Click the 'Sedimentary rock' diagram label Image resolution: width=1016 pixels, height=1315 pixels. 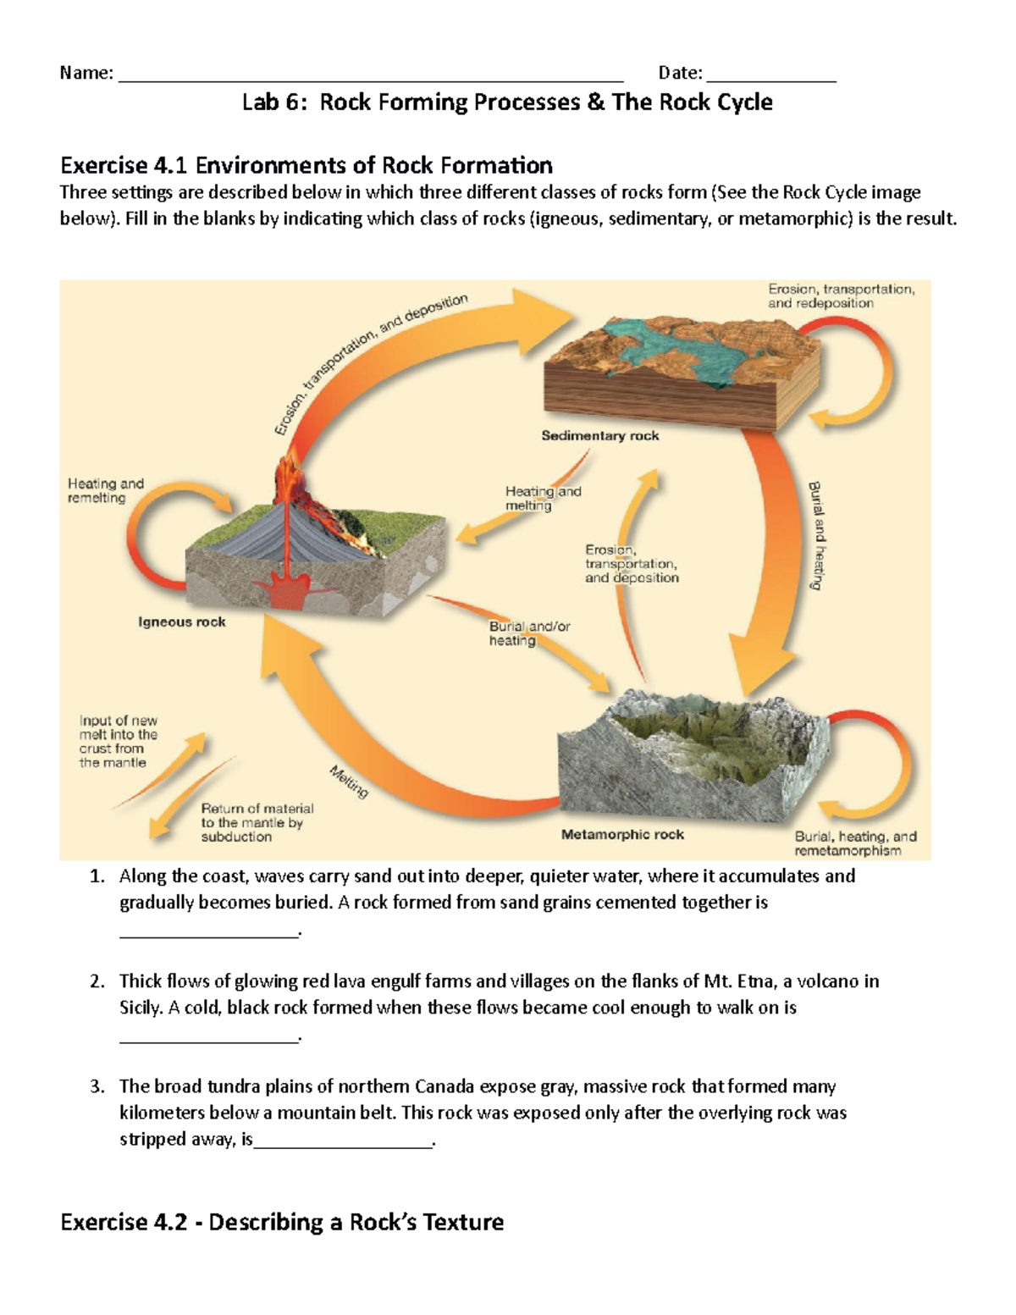coord(599,436)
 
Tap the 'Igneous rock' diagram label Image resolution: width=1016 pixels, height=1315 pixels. coord(182,622)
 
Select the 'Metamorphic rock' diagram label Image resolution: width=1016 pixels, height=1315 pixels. coord(622,835)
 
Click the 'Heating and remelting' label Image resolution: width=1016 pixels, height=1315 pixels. coord(106,491)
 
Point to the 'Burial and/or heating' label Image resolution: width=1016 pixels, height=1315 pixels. coord(529,633)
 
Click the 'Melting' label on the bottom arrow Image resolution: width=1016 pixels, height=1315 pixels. coord(349,782)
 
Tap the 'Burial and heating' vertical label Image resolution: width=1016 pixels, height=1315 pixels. coord(816,535)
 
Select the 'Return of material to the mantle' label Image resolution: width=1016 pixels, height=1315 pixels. coord(257,822)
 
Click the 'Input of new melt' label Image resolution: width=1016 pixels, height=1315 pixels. coord(119,742)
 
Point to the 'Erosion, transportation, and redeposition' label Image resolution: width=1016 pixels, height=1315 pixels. coord(841,296)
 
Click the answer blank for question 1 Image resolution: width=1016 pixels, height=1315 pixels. coord(209,931)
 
